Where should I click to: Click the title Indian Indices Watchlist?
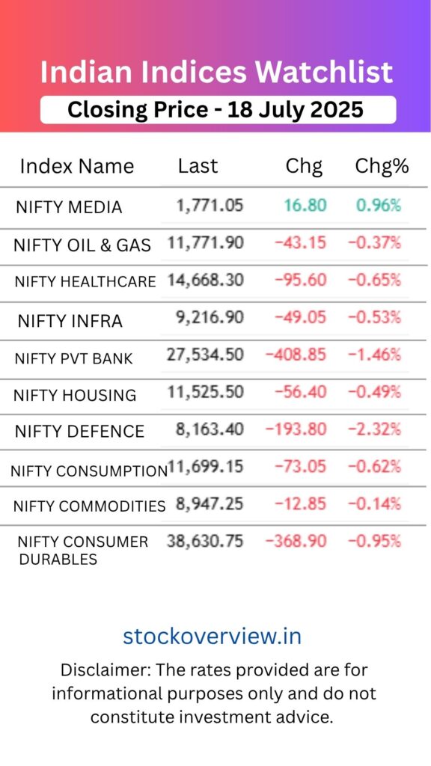point(216,73)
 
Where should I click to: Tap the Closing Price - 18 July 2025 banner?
point(215,110)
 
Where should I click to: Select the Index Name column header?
point(77,166)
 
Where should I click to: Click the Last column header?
point(198,166)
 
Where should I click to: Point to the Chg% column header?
point(382,166)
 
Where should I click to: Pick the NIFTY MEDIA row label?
point(69,208)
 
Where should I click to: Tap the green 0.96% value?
point(379,205)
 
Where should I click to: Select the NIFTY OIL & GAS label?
point(82,245)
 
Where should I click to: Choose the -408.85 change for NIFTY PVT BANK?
point(296,354)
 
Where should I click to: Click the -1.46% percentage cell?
point(374,354)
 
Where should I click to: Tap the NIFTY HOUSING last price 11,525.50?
point(206,391)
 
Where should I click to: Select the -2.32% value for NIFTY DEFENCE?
point(374,429)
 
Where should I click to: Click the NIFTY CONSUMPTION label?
point(88,471)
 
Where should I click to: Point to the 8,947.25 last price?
point(210,503)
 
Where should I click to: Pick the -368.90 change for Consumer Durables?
point(296,541)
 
